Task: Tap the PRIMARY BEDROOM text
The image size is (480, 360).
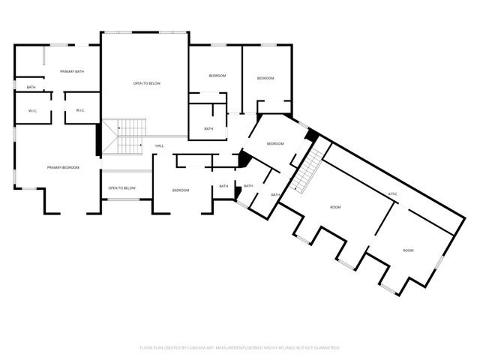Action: click(x=63, y=167)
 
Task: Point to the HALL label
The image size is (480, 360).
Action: click(x=160, y=145)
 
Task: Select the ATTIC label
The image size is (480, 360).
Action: click(x=392, y=194)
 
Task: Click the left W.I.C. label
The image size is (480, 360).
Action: click(x=33, y=111)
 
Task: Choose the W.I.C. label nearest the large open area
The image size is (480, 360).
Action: click(x=81, y=111)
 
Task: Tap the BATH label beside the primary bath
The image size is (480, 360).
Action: click(x=31, y=87)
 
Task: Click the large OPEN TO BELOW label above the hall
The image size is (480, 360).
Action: click(x=147, y=83)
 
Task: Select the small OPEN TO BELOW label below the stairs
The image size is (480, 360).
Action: click(x=121, y=187)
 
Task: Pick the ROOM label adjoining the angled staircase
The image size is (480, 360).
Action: click(x=335, y=207)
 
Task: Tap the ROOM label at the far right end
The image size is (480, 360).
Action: click(x=408, y=250)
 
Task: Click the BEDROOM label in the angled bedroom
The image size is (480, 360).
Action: click(x=275, y=143)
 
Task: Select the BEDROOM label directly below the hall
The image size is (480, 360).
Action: click(x=181, y=190)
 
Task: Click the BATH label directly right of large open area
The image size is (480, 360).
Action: click(x=208, y=128)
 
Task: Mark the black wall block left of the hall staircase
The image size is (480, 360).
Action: click(x=98, y=139)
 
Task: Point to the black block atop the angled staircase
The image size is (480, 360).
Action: click(x=313, y=136)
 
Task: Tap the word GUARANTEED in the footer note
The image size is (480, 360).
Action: click(x=326, y=348)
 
